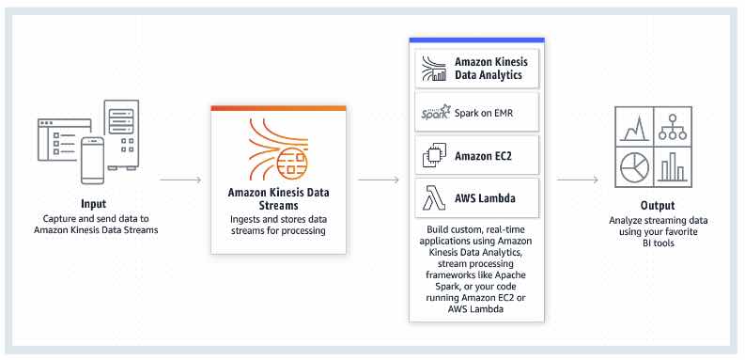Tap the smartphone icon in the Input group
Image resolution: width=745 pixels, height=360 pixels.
tap(92, 160)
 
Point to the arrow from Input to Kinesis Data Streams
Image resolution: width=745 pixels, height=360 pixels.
tap(180, 178)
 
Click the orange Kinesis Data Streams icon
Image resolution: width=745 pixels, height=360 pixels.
tap(277, 149)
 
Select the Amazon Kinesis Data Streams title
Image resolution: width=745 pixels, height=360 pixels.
tap(277, 197)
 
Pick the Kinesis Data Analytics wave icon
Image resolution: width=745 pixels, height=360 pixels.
tap(436, 69)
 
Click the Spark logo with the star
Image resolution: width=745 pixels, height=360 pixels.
tap(436, 112)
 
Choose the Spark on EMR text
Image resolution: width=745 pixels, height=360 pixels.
tap(485, 113)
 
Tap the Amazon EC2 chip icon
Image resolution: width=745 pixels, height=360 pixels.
tap(436, 156)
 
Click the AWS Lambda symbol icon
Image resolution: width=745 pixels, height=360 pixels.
tap(436, 198)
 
